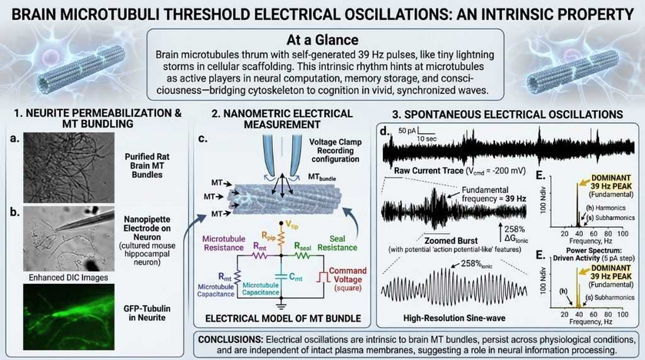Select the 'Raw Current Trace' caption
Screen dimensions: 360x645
coord(446,170)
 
